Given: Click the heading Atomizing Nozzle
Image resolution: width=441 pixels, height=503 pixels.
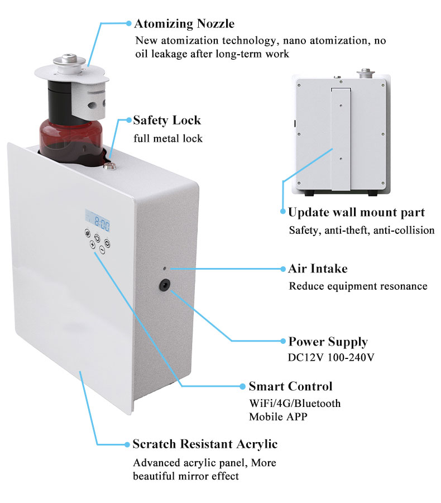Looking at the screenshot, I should tap(184, 23).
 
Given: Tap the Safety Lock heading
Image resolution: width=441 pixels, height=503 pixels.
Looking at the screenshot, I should tap(167, 120).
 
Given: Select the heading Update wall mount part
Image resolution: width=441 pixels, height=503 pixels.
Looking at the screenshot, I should tap(356, 212).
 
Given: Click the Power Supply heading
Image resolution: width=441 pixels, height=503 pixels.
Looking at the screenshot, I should tap(328, 342).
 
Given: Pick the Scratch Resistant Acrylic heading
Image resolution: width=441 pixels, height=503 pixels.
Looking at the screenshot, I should tap(205, 444).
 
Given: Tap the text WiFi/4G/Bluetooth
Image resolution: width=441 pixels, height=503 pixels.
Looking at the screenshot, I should tap(295, 403).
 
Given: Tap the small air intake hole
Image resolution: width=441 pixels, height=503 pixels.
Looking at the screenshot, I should tap(165, 269).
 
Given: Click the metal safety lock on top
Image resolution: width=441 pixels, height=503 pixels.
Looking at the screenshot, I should tap(109, 165).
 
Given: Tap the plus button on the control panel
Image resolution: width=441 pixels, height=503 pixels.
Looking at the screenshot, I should tap(92, 243).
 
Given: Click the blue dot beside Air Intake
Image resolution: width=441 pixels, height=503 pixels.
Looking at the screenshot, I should tap(282, 269).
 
